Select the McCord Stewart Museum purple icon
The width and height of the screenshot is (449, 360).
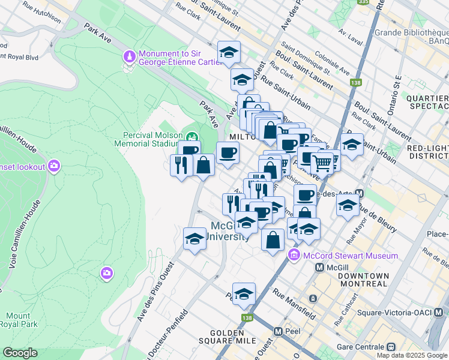tap(294, 256)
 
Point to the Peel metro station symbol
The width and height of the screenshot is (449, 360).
tap(278, 331)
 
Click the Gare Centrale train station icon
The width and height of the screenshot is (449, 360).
tap(391, 347)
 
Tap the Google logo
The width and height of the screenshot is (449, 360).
tap(20, 353)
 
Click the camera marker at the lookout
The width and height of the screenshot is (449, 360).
tap(55, 166)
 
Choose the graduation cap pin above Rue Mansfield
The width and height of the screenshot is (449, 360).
tap(244, 294)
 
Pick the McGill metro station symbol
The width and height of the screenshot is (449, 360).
tap(319, 266)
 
